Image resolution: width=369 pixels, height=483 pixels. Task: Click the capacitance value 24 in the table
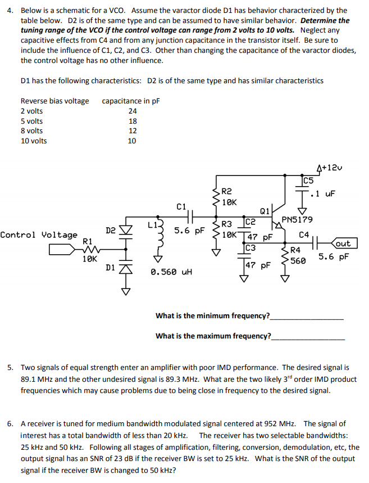[133, 111]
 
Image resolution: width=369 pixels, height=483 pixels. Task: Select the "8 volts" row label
[31, 131]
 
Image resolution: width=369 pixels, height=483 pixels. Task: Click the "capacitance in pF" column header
[130, 101]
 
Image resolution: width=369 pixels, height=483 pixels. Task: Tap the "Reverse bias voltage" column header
[54, 101]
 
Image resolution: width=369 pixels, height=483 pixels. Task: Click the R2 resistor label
[227, 192]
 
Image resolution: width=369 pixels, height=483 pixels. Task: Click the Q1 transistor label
[265, 211]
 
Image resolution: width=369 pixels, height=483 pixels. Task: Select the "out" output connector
[343, 243]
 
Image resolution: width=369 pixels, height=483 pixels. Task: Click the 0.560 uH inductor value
[172, 272]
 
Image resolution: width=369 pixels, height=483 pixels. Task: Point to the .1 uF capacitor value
[324, 194]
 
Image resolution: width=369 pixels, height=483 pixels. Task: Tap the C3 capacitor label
[250, 247]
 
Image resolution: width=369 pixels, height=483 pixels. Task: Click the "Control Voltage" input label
[39, 234]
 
